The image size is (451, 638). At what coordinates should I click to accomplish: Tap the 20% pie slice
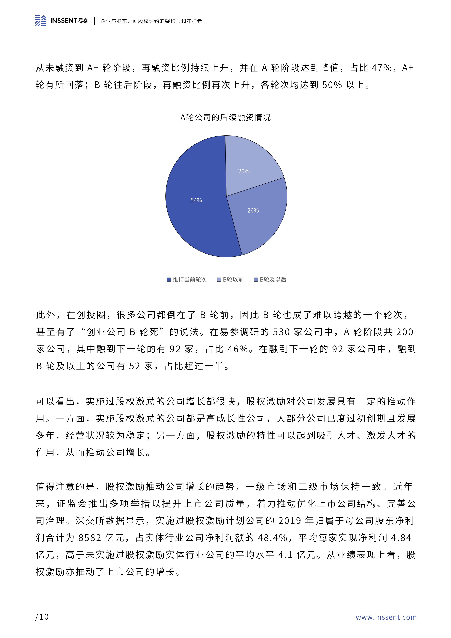(244, 171)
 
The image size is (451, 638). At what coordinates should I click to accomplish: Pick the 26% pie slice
(253, 210)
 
